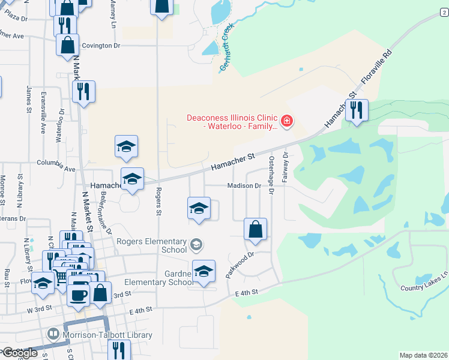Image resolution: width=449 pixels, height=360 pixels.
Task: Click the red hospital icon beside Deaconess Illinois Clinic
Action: [x=287, y=122]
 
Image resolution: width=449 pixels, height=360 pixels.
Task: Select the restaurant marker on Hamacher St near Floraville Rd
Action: [x=357, y=111]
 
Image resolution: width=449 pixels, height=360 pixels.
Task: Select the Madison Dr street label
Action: [x=244, y=186]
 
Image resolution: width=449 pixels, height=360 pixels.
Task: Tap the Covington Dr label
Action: [x=101, y=46]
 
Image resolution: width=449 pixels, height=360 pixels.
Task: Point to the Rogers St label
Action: [x=158, y=201]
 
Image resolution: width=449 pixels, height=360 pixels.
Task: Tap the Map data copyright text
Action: [x=423, y=355]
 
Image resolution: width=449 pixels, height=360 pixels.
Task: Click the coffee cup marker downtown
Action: [x=79, y=295]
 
